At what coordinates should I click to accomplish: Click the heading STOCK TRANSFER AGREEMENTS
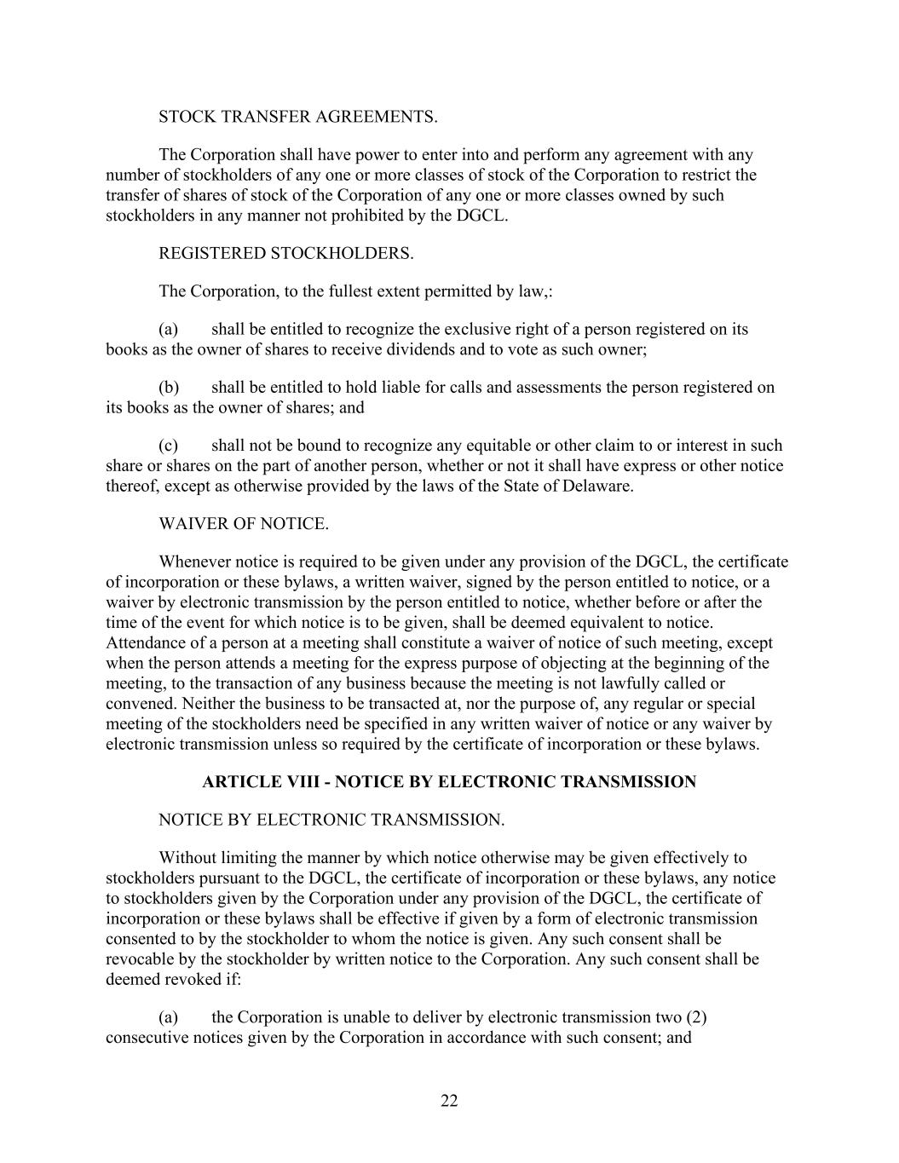[298, 117]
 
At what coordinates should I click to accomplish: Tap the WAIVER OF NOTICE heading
[244, 524]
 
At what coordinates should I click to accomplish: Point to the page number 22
[449, 1101]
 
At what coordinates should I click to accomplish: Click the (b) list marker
[169, 388]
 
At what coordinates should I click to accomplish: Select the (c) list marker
[169, 446]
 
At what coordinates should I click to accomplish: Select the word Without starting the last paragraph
[187, 857]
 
